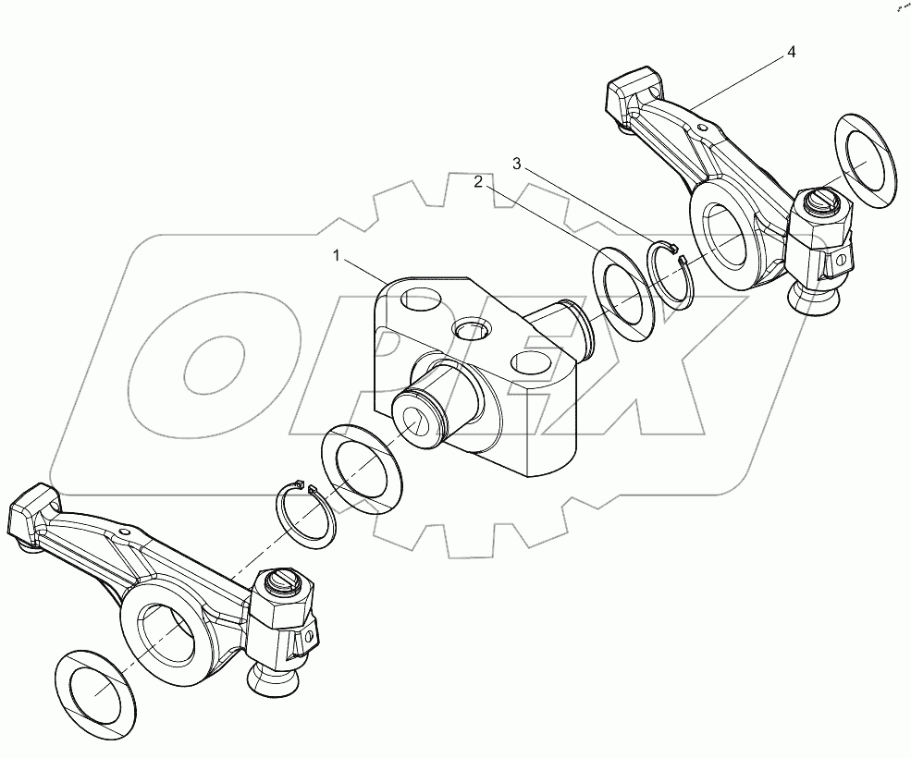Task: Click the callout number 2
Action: [478, 182]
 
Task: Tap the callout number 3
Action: [517, 164]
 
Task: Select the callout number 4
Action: [791, 53]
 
